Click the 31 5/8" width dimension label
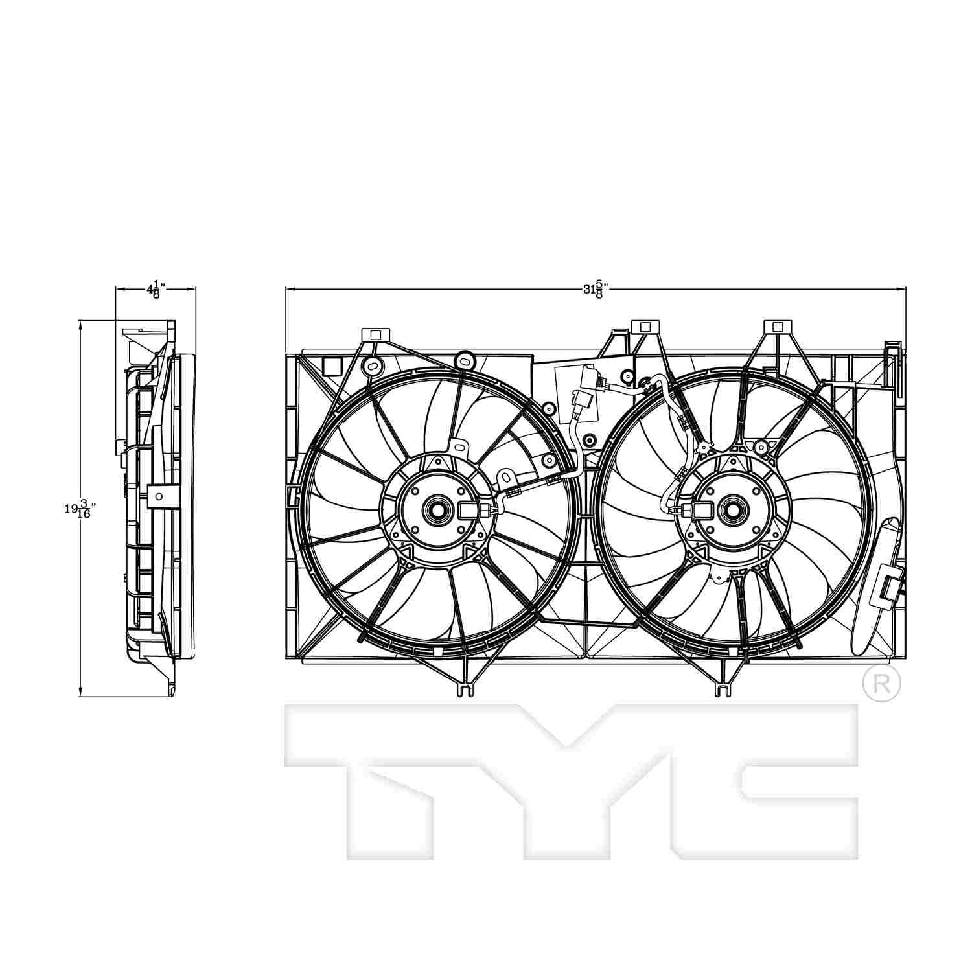[594, 289]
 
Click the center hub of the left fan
[434, 509]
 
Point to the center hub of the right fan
[733, 509]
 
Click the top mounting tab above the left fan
[374, 335]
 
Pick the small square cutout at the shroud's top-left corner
[332, 367]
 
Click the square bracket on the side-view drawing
[157, 496]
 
